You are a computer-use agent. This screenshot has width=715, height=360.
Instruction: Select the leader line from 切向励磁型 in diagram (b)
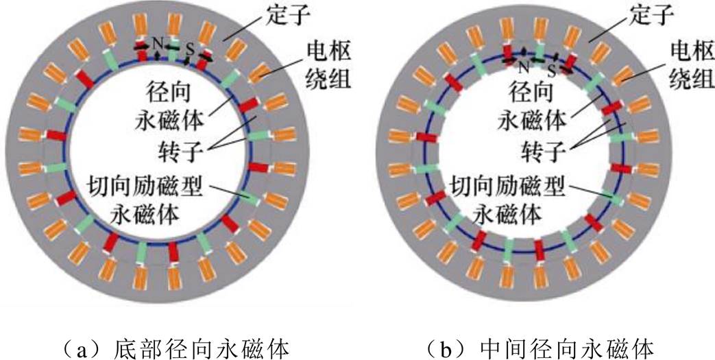click(590, 193)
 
